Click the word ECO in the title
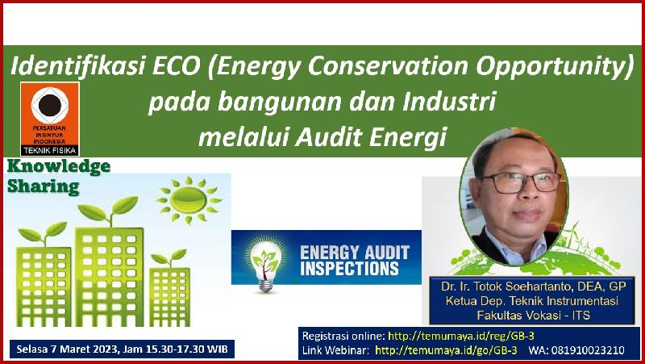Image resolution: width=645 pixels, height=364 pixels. tap(177, 67)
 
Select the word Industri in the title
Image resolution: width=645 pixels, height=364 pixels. tap(449, 102)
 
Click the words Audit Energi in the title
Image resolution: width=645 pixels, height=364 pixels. tap(371, 137)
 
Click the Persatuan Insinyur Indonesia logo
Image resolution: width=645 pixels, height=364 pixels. tap(50, 119)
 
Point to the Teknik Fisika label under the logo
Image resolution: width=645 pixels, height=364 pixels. tap(50, 151)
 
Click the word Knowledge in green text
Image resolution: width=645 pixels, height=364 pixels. tap(59, 167)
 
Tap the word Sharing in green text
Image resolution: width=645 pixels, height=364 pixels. tap(44, 186)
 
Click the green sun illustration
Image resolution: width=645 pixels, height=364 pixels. tap(189, 200)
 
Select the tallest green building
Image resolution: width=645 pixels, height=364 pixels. tap(109, 277)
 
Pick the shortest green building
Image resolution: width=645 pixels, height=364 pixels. tap(169, 296)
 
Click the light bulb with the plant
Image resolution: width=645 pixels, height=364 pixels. tap(265, 265)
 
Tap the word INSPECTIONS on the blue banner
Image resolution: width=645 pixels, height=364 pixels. tap(350, 268)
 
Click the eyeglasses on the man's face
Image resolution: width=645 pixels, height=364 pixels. tap(519, 182)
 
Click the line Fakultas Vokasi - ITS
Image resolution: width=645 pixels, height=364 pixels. tap(533, 316)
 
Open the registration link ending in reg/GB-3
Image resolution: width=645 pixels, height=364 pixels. tap(461, 336)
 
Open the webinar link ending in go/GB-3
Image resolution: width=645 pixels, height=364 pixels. tap(446, 350)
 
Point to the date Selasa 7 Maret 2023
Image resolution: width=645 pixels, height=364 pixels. tap(68, 350)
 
